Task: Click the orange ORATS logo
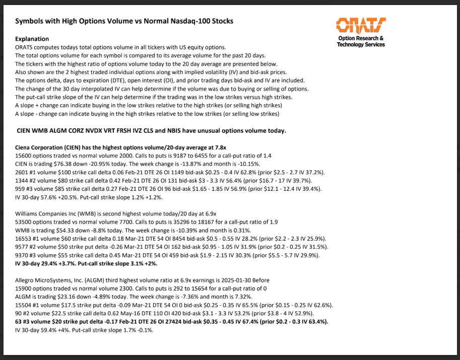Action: coord(361,25)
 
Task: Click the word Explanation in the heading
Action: coord(32,39)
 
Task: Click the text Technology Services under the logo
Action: coord(361,44)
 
